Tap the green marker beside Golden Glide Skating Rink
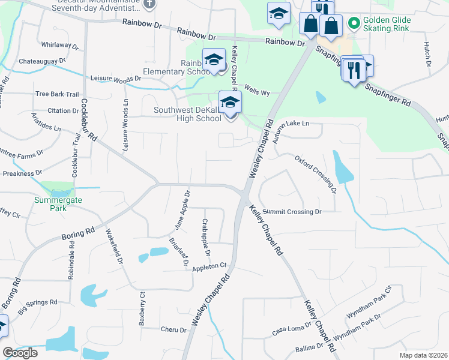click(x=354, y=24)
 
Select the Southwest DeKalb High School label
click(x=187, y=114)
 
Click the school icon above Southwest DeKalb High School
click(x=230, y=102)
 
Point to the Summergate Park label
click(x=50, y=204)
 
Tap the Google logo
click(x=20, y=353)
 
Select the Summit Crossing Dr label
click(x=292, y=212)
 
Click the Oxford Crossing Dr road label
click(x=315, y=173)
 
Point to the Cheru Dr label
click(x=174, y=329)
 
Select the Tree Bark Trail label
click(x=57, y=94)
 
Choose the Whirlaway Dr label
click(x=61, y=46)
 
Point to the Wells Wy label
click(x=257, y=92)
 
